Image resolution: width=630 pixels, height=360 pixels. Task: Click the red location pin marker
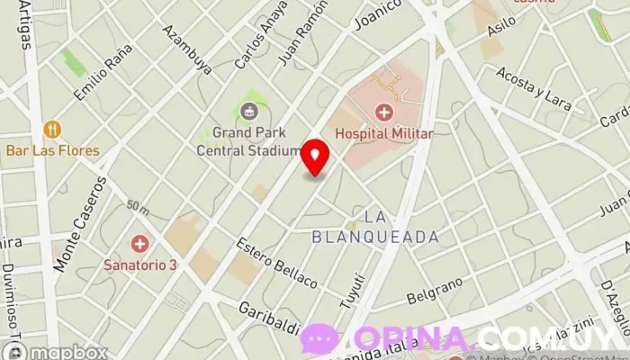(x=315, y=157)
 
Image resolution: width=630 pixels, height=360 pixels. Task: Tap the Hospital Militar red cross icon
(x=384, y=112)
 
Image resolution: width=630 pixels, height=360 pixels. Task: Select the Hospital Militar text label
(x=384, y=133)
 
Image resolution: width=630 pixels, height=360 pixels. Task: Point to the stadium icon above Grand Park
(x=248, y=111)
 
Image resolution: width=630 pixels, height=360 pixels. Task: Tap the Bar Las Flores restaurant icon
(x=52, y=129)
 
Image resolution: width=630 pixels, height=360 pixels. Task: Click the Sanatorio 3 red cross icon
(x=139, y=244)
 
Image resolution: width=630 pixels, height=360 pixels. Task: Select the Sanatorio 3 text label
(x=140, y=265)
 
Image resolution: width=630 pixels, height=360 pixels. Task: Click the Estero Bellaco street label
(x=276, y=262)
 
